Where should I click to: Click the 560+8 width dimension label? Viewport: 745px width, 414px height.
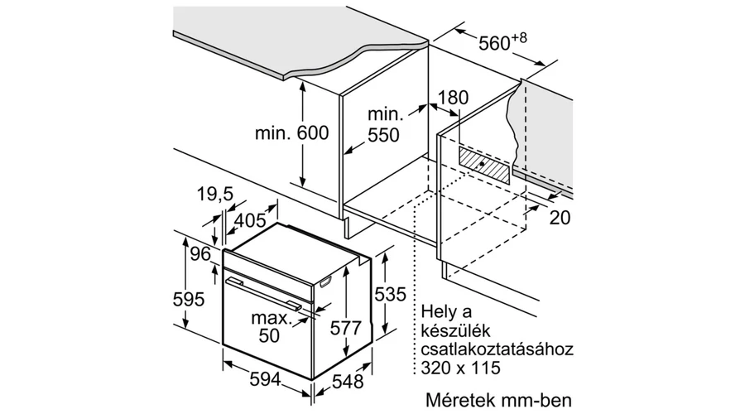click(502, 42)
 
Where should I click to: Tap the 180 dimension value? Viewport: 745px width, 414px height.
click(453, 98)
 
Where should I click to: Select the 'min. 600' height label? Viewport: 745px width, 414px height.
click(291, 132)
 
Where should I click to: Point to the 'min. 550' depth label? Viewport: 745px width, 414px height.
click(384, 125)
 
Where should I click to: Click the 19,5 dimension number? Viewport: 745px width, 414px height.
click(215, 194)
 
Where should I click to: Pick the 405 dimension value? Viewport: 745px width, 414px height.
click(250, 220)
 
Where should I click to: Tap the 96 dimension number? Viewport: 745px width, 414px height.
click(200, 254)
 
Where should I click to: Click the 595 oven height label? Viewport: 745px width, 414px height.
click(188, 299)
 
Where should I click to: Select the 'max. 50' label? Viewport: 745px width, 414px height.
click(272, 326)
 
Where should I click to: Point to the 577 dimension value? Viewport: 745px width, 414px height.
click(346, 328)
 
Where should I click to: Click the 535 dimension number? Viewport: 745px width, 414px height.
click(390, 294)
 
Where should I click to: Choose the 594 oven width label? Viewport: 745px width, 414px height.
click(266, 379)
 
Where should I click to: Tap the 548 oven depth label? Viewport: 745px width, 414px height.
click(348, 381)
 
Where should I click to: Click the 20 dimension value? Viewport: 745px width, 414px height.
click(560, 217)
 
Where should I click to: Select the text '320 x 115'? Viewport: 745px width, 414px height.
click(460, 368)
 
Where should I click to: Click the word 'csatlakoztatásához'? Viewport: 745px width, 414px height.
click(497, 349)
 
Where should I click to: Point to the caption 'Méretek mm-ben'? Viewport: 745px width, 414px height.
click(499, 400)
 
